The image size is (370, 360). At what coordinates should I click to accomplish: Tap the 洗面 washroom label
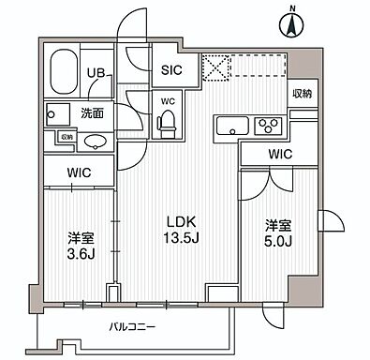pos(92,113)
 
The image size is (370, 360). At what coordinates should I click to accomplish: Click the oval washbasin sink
pos(95,142)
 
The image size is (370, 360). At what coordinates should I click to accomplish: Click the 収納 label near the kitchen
pos(301,95)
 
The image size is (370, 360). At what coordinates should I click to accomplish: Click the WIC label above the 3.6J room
pos(78,172)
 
